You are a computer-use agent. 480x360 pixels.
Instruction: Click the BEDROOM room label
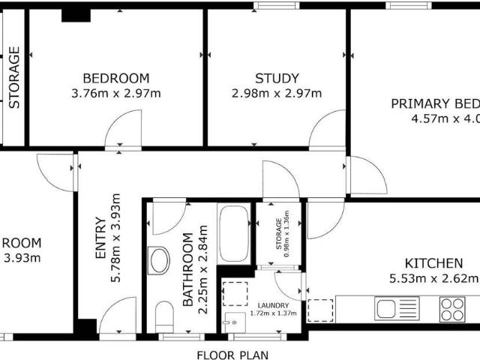click(115, 78)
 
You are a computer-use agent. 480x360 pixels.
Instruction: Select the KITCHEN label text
click(433, 263)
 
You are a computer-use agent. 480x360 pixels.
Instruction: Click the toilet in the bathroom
click(164, 317)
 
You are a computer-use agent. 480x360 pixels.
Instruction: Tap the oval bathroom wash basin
click(160, 261)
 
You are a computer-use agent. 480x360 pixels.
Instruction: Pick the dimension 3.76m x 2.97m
click(115, 94)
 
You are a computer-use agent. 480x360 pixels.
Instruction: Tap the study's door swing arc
click(327, 129)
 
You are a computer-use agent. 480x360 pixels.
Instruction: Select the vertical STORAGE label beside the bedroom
click(13, 78)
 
